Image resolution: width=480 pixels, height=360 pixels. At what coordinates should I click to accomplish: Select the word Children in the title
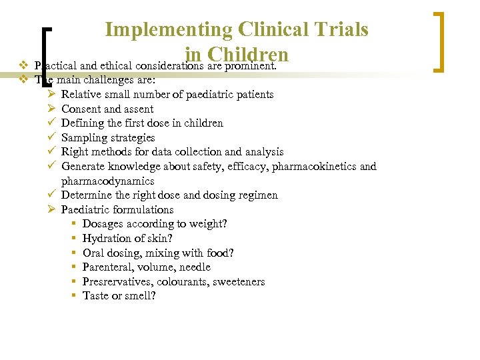click(247, 55)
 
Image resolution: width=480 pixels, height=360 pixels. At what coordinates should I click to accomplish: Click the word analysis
click(262, 152)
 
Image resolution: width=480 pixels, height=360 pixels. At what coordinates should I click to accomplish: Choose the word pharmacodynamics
click(107, 181)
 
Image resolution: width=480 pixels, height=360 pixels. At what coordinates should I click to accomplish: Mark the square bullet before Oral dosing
click(73, 253)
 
